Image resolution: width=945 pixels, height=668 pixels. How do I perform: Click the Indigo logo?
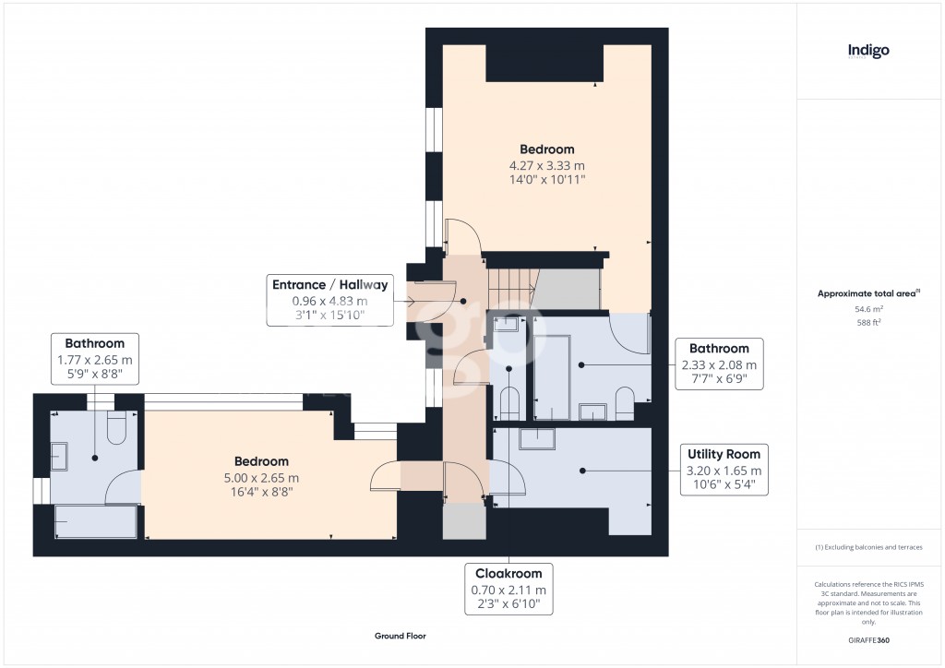tap(868, 52)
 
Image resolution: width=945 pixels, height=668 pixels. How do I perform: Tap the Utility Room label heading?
tap(724, 454)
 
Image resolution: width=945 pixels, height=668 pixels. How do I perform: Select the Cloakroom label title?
tap(508, 573)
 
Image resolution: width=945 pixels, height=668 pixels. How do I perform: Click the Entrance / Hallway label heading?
tap(329, 284)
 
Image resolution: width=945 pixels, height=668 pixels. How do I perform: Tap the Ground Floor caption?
tap(400, 636)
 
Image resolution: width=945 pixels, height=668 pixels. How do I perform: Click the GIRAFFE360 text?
tap(868, 640)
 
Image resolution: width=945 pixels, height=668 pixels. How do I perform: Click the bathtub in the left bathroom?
tap(96, 522)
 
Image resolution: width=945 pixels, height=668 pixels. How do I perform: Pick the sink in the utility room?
tap(535, 438)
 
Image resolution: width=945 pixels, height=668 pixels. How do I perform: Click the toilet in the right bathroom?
tap(623, 403)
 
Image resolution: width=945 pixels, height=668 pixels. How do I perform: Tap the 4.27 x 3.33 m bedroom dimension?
tap(546, 165)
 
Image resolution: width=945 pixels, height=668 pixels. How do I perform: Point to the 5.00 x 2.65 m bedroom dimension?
tap(260, 478)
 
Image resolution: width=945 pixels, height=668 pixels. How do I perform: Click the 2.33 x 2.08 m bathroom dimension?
tap(720, 364)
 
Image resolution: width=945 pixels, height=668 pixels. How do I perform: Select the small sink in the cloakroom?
tap(508, 325)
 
